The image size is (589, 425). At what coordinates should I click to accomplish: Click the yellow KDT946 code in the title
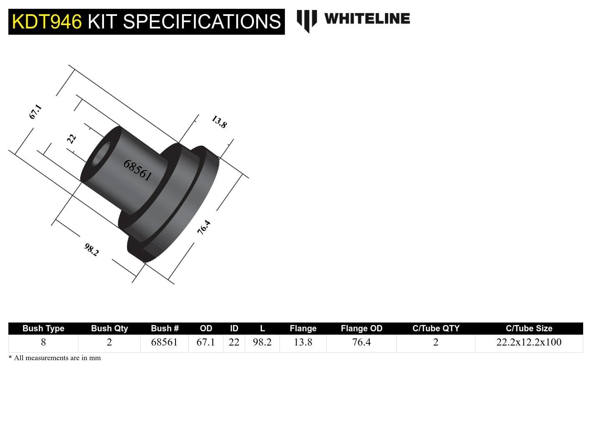pos(47,22)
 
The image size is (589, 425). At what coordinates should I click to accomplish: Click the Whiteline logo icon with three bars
pos(307,20)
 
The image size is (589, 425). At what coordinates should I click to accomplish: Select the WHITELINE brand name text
pos(367,19)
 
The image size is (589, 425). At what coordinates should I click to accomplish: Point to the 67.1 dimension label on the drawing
pos(36,112)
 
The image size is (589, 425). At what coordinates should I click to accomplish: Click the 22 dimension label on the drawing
pos(71,138)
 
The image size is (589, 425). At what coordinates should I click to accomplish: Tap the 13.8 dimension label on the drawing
pos(219,122)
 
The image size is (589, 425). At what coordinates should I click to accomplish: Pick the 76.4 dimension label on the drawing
pos(204,227)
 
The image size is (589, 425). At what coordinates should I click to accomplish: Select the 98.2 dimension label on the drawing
pos(91,250)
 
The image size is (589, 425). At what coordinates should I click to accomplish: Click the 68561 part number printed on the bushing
pos(137,170)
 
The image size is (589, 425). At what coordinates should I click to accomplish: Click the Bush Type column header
pos(43,328)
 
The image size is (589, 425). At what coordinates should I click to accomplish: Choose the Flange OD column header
pos(361,328)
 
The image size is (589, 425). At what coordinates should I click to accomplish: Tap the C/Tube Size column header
pos(529,328)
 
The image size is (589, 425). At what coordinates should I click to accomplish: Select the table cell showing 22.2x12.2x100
pos(529,342)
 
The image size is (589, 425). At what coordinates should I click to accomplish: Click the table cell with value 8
pos(43,342)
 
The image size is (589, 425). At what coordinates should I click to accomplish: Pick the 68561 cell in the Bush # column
pos(164,342)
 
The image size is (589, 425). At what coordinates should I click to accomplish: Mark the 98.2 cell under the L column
pos(262,342)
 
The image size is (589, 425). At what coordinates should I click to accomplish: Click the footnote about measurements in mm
pos(55,358)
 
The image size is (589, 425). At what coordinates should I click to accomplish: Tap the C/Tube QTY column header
pos(436,328)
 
